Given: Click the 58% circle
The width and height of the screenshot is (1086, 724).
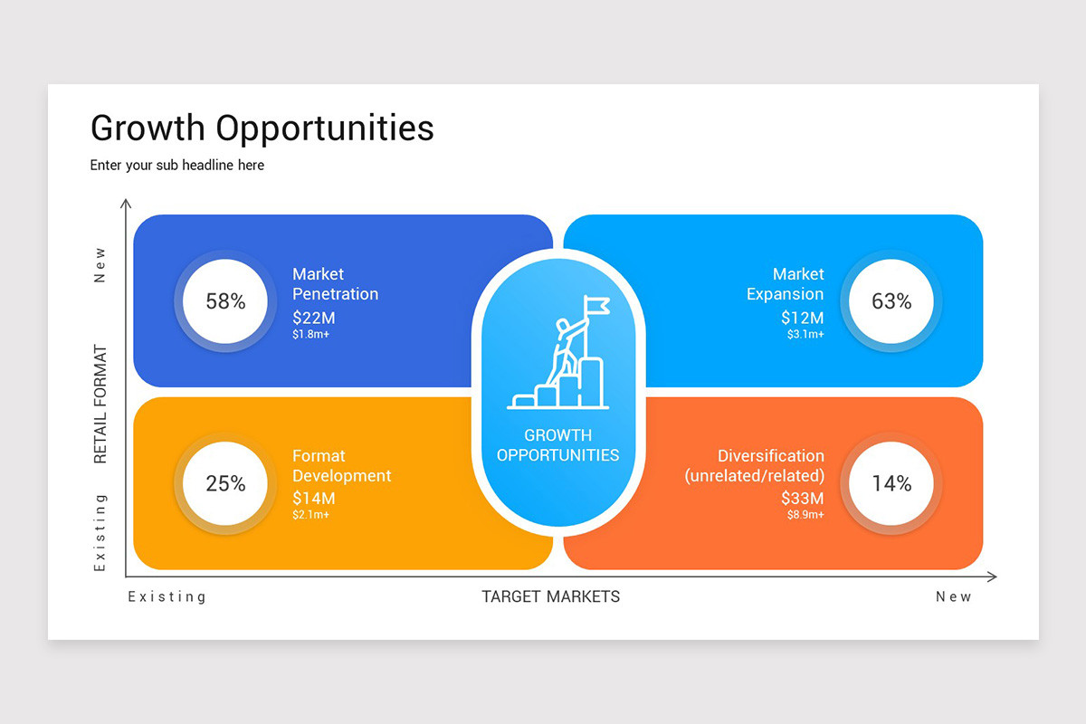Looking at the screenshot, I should point(225,301).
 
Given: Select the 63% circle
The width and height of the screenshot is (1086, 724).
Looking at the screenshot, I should point(891,301).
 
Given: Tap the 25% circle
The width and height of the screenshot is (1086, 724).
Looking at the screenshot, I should point(225,483).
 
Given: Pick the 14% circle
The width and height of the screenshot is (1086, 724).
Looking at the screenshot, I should point(891,483).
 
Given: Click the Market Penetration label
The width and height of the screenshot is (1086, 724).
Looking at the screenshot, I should point(335,284).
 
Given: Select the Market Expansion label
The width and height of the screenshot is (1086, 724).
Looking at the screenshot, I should point(785,284).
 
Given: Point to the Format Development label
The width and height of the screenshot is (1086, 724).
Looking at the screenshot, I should point(341,466).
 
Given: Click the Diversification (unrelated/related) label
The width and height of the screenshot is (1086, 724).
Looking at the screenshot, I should point(755,466).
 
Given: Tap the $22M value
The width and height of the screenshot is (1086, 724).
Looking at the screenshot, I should point(314,318).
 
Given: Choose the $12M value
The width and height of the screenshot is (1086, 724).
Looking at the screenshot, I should point(803,318).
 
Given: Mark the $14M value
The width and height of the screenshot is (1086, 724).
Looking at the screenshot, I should point(314,498).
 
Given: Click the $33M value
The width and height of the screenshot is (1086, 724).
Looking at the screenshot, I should point(803,498).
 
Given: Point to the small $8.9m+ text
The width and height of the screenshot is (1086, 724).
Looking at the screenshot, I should point(805,515).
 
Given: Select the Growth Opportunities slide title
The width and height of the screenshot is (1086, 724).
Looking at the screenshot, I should point(262,129).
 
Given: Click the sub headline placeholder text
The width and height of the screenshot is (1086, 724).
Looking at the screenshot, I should point(177,166).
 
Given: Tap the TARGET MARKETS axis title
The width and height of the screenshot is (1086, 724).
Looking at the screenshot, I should point(550,596).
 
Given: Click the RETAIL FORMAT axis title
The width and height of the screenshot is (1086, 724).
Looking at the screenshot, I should point(100,404).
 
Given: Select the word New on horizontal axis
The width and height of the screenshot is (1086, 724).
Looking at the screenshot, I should point(953,597).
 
